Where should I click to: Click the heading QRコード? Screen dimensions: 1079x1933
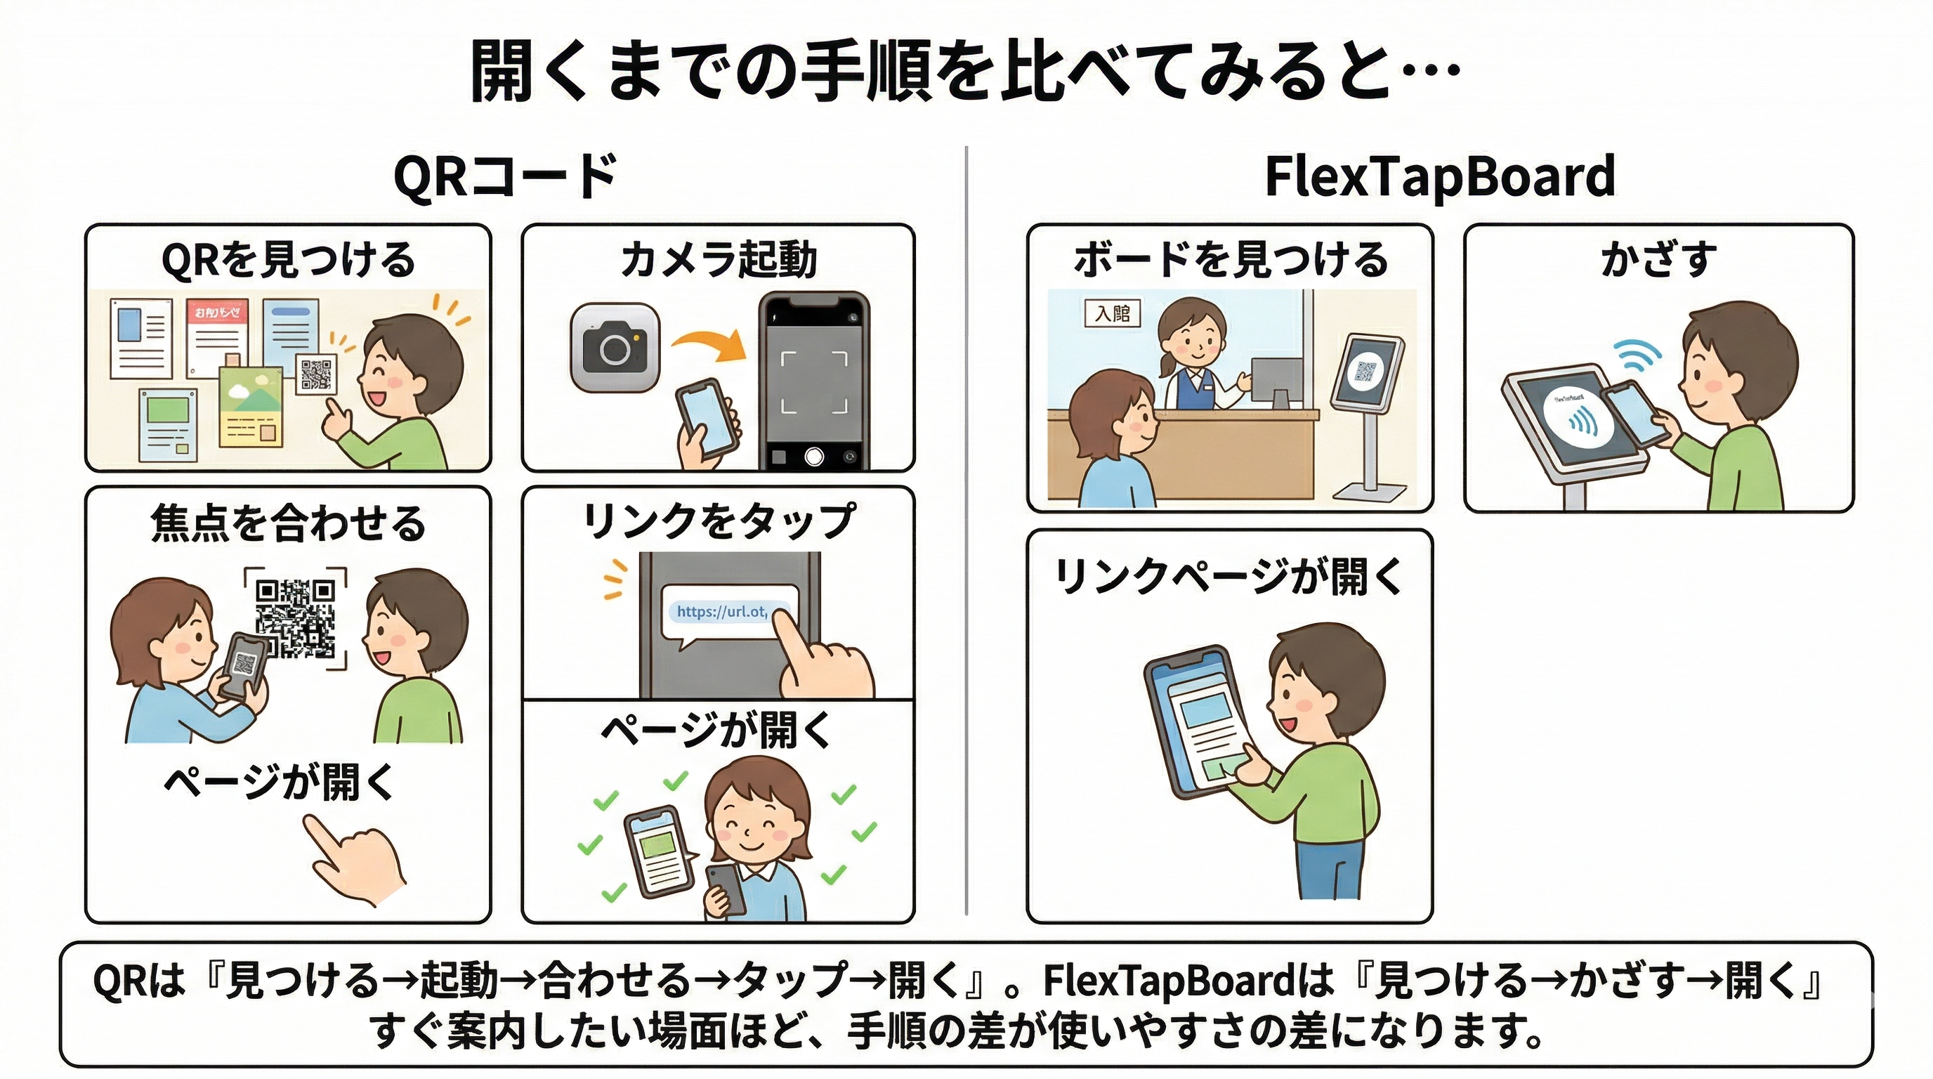click(504, 177)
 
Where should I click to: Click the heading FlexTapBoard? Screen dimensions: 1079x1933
click(1439, 177)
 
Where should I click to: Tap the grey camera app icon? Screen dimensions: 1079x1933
click(615, 348)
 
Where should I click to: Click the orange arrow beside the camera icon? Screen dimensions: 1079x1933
click(709, 344)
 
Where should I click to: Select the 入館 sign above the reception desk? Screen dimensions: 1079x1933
click(1112, 312)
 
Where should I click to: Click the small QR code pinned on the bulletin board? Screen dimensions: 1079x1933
click(316, 374)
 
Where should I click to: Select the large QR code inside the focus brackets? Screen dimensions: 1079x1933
click(296, 617)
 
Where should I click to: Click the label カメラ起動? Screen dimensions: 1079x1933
click(718, 261)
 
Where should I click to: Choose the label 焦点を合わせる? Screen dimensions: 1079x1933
click(288, 523)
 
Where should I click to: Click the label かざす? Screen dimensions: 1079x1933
click(1658, 261)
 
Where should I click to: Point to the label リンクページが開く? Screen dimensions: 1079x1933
click(1228, 576)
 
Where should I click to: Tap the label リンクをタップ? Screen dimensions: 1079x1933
click(718, 520)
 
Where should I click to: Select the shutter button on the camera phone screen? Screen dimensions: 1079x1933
click(814, 455)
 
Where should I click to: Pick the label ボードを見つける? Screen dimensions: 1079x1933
click(1231, 261)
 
